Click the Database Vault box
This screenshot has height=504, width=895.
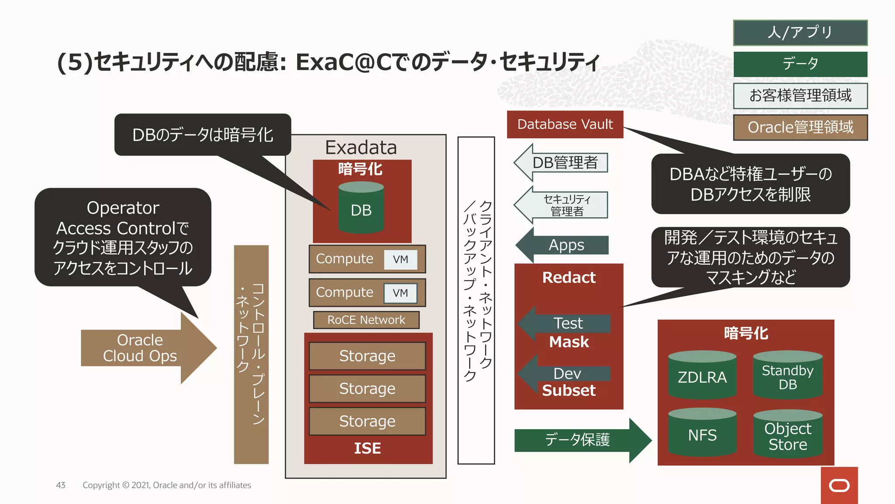click(x=565, y=125)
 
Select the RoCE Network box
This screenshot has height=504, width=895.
click(x=366, y=320)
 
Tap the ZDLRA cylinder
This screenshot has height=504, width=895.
click(x=702, y=376)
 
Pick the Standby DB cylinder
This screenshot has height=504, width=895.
click(x=787, y=376)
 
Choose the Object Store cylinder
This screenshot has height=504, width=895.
click(x=787, y=435)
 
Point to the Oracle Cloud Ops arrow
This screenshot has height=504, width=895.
click(x=144, y=348)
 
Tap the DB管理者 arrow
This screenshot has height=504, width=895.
click(x=564, y=163)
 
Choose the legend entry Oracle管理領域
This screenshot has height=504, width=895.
click(x=800, y=127)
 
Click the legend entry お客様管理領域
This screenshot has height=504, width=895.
click(x=800, y=96)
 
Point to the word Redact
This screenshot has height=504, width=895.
click(x=569, y=277)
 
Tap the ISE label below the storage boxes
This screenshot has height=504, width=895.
click(x=368, y=448)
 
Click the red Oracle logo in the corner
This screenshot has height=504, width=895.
click(x=839, y=485)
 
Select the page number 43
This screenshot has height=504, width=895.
click(x=61, y=485)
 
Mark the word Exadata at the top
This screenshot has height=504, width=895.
click(x=361, y=147)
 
